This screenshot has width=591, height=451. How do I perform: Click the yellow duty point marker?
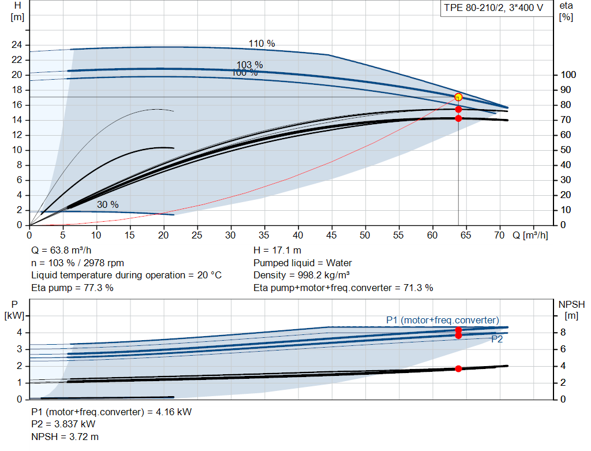tap(458, 97)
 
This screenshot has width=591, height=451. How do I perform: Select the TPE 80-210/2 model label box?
tap(494, 8)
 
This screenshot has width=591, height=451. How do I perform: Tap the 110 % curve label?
tap(261, 44)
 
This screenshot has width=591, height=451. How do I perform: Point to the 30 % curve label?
tap(108, 205)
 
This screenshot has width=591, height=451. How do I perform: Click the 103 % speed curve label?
tap(249, 65)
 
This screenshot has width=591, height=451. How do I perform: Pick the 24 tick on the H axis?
tap(17, 45)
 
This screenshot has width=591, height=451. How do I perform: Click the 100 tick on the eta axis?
tap(568, 74)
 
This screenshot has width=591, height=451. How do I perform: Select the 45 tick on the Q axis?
tap(331, 235)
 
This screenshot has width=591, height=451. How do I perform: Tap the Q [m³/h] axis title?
tap(530, 235)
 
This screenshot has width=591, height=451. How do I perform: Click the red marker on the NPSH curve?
tap(458, 369)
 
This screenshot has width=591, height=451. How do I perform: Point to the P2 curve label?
tap(497, 340)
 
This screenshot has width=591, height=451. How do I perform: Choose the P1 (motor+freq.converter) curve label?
tap(443, 320)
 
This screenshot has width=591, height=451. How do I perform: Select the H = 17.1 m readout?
tap(278, 251)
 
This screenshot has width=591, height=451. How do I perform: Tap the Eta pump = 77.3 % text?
tap(72, 288)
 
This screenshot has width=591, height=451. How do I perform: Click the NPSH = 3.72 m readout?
tap(65, 437)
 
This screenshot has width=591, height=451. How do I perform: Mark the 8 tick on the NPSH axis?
tap(563, 333)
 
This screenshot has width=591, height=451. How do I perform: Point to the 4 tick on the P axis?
tap(20, 333)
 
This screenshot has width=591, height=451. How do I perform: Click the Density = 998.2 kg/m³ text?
tap(301, 275)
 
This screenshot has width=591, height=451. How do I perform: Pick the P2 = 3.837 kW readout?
tap(63, 424)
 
